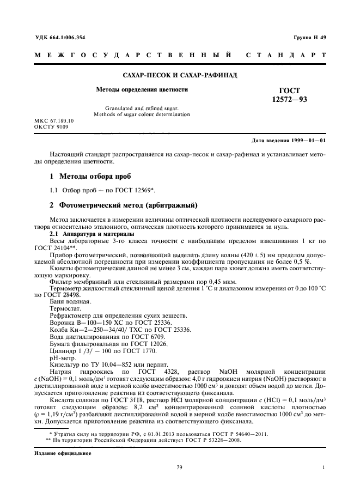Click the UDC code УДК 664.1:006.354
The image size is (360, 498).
(x=60, y=37)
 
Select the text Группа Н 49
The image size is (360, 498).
(x=309, y=37)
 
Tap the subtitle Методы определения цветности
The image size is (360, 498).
(x=142, y=89)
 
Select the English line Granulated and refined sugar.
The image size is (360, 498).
(x=142, y=108)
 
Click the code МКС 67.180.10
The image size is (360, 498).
(x=54, y=120)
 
